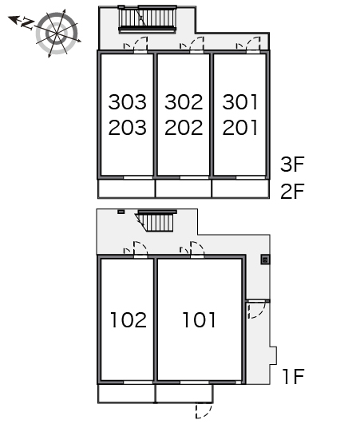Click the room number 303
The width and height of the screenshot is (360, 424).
pyautogui.click(x=127, y=102)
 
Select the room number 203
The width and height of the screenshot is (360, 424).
pyautogui.click(x=127, y=128)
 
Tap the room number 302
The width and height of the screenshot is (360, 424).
pyautogui.click(x=184, y=102)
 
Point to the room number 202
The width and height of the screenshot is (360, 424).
pyautogui.click(x=184, y=128)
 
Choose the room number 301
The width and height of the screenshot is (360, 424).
pyautogui.click(x=240, y=102)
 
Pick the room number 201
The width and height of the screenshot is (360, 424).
pyautogui.click(x=240, y=128)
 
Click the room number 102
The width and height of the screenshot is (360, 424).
pyautogui.click(x=129, y=320)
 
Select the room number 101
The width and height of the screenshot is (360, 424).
pyautogui.click(x=200, y=320)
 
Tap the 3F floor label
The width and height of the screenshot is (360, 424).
pyautogui.click(x=292, y=164)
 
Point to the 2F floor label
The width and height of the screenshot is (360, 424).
pyautogui.click(x=292, y=191)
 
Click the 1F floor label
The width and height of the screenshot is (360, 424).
pyautogui.click(x=294, y=376)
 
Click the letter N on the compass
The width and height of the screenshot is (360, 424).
pyautogui.click(x=27, y=23)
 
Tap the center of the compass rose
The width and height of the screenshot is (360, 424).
pyautogui.click(x=57, y=34)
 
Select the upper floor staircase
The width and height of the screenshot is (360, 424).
pyautogui.click(x=148, y=18)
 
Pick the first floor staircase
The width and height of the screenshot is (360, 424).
pyautogui.click(x=156, y=221)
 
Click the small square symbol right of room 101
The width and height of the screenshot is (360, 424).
pyautogui.click(x=265, y=260)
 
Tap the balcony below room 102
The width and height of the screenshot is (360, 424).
pyautogui.click(x=126, y=393)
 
